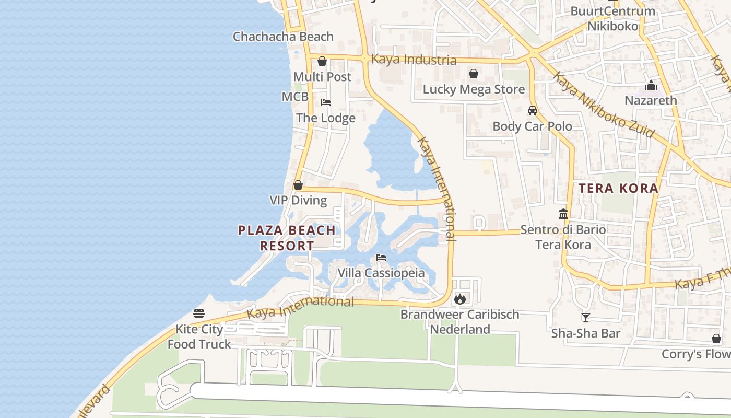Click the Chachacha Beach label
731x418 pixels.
pos(283,37)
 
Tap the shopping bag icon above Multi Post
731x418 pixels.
pos(322,61)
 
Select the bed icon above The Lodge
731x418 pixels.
pos(326,102)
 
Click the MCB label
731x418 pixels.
pos(295,97)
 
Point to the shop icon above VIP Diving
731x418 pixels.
pos(298,185)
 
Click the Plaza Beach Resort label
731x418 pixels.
pos(287,238)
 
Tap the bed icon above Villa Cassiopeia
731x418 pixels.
pos(381,258)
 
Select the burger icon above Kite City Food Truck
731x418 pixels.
pos(199,313)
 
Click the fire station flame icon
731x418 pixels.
pos(460,299)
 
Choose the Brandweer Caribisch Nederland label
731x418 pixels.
pos(460,322)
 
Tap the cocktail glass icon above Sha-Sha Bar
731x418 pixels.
pos(586,317)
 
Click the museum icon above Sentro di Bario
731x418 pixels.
pos(563,214)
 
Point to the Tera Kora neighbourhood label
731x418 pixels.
pos(618,189)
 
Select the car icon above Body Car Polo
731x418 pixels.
pos(533,110)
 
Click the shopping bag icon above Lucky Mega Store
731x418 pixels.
pos(474,74)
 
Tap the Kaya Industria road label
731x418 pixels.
pos(414,60)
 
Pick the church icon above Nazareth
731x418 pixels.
pos(651,85)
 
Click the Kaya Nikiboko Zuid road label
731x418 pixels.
pos(603,105)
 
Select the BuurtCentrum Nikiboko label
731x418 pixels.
pos(613,18)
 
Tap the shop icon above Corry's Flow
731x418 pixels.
pos(716,339)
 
